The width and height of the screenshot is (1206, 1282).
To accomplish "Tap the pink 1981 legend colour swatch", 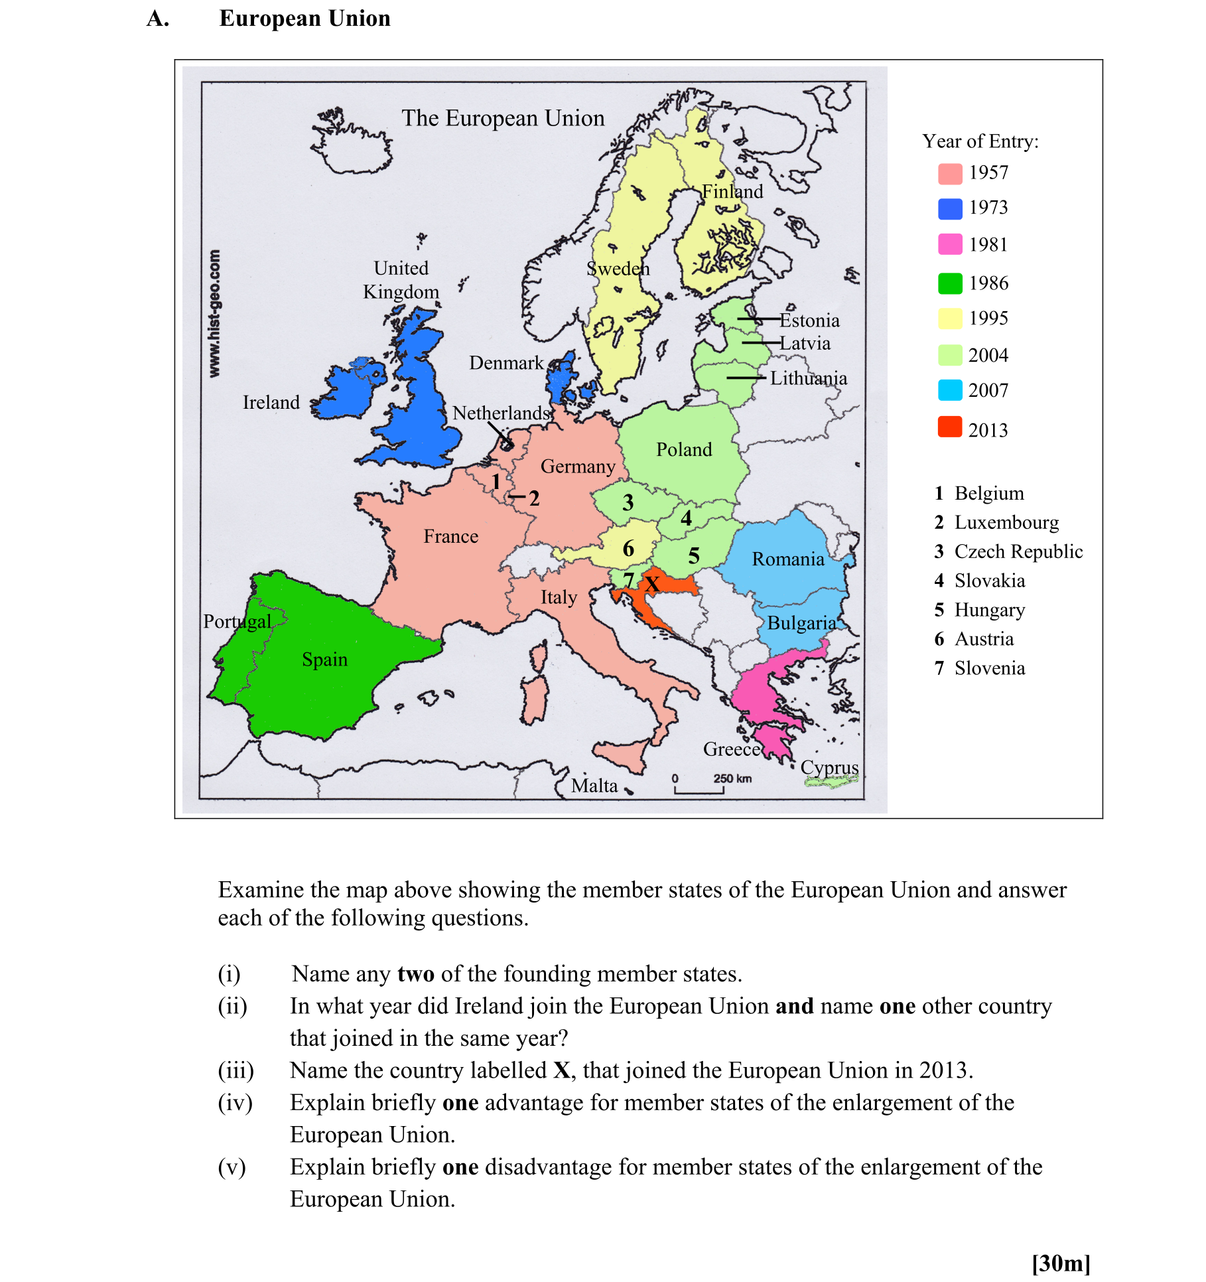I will [949, 244].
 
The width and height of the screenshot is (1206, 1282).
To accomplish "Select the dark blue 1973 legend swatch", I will [949, 208].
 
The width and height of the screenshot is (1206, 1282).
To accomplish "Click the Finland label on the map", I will [732, 192].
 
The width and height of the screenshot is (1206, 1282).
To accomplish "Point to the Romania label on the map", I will [787, 559].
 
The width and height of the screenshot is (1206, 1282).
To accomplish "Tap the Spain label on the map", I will [324, 660].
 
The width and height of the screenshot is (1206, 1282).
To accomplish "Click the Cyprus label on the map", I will [829, 768].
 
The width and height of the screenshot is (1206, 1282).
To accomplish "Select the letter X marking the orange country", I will [653, 585].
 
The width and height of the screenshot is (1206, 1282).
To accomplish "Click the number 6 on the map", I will [628, 549].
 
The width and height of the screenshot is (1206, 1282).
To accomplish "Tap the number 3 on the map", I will [628, 503].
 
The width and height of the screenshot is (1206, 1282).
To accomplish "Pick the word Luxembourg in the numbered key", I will [1006, 523].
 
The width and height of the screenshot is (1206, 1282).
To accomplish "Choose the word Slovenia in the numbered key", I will [990, 668].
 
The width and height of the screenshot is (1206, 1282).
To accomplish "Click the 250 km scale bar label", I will [732, 778].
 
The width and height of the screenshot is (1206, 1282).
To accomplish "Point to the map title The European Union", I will [503, 118].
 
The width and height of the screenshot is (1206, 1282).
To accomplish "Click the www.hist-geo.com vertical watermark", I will [214, 313].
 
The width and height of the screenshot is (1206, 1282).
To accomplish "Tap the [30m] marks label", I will [1061, 1263].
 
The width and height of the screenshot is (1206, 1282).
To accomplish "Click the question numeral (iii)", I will [235, 1070].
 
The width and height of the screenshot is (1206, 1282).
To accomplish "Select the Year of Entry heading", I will [980, 141].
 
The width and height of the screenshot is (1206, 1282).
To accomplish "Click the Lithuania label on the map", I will [808, 378].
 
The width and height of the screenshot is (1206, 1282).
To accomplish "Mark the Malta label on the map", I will [594, 786].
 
